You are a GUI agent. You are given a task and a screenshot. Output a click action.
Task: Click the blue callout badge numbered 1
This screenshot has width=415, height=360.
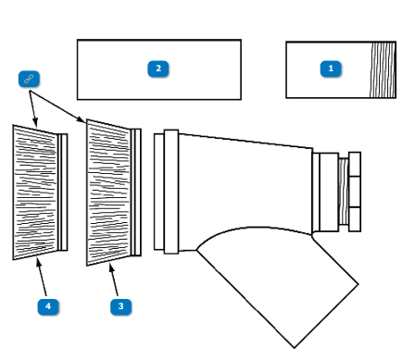coord(331,68)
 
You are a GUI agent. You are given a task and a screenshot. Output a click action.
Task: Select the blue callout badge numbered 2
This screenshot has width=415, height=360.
coord(158,68)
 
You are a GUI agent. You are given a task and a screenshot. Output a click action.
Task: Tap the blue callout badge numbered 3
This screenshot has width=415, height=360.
coord(120,306)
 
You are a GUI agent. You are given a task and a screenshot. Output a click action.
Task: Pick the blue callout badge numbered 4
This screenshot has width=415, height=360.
coord(48,306)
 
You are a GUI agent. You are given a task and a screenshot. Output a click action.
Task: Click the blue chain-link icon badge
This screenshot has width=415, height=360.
coord(29,79)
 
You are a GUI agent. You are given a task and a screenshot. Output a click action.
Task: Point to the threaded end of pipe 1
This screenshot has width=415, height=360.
coord(383,70)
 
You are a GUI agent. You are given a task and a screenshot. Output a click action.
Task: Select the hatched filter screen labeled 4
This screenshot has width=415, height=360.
coord(35,192)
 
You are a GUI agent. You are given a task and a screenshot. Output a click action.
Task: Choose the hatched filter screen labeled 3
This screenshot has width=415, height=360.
coord(108,192)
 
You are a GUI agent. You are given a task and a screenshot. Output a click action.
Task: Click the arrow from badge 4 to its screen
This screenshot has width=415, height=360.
coord(42,277)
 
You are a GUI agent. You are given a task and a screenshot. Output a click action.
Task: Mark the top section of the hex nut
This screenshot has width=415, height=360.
coord(355,164)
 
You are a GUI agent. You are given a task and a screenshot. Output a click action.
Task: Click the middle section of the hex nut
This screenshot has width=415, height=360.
coord(355,192)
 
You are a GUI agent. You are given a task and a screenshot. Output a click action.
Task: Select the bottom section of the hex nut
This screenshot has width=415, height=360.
coord(355,219)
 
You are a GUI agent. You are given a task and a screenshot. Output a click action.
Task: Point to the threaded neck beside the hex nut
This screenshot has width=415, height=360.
coord(344,192)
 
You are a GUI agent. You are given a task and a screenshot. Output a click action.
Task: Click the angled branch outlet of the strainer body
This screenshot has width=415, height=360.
coord(278,287)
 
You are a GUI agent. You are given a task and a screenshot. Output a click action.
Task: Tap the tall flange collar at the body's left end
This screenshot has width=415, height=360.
coord(171,192)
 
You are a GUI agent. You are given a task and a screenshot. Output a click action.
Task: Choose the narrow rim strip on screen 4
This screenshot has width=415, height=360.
coord(63,192)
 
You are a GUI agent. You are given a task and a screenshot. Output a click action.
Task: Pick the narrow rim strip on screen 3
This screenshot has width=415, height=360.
coord(136,192)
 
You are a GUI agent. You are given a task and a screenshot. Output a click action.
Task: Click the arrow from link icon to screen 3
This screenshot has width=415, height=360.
coord(57,106)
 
